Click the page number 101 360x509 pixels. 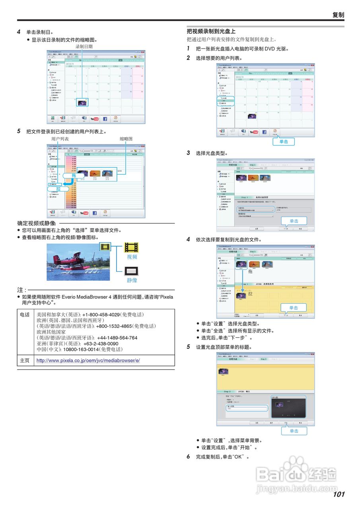pos(339,494)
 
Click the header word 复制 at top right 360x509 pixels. pos(338,15)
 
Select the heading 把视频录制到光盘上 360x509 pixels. pos(211,31)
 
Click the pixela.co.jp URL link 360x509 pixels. pos(88,360)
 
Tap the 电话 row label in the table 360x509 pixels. pos(24,314)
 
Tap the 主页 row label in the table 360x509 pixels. pos(24,360)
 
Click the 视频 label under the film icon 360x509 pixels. pos(132,257)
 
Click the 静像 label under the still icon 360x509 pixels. pos(132,280)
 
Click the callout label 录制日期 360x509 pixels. pos(84,47)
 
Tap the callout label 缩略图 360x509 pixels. pos(126,139)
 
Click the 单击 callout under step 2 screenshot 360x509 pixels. pos(284,142)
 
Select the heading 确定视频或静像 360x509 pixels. pos(37,223)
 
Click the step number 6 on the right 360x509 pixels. pos(189,457)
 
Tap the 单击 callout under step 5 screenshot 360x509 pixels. pos(294,431)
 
